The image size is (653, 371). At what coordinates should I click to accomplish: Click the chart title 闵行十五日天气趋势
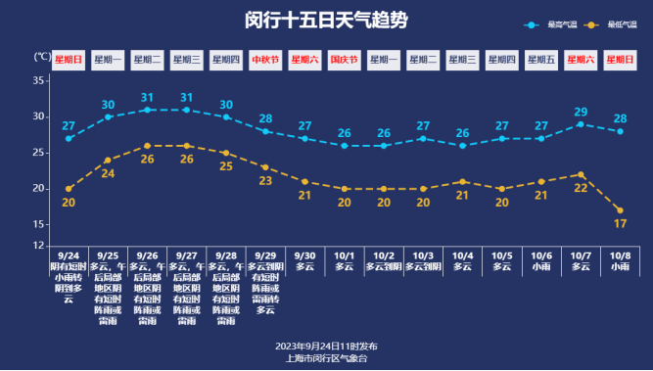[326, 21]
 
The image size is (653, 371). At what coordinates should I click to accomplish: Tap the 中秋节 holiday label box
[265, 60]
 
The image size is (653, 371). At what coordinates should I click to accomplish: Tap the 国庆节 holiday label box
[344, 60]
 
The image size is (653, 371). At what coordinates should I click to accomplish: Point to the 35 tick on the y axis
[40, 80]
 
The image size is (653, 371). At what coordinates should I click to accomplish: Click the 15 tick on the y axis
[40, 224]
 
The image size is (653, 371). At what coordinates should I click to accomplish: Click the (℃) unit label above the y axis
[42, 57]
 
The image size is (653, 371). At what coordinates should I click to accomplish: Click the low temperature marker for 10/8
[620, 210]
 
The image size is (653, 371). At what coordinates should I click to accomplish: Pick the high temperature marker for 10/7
[581, 124]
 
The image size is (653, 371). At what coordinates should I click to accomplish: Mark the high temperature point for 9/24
[69, 138]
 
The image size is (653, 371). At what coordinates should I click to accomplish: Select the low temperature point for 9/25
[108, 160]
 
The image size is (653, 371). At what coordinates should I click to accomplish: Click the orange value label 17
[620, 224]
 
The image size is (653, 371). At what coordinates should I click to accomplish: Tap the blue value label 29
[581, 112]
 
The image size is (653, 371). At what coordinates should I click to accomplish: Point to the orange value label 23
[265, 181]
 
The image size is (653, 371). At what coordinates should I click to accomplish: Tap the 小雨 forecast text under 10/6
[541, 265]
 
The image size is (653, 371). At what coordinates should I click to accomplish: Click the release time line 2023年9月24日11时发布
[326, 347]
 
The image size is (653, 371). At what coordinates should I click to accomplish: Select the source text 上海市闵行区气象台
[326, 358]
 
